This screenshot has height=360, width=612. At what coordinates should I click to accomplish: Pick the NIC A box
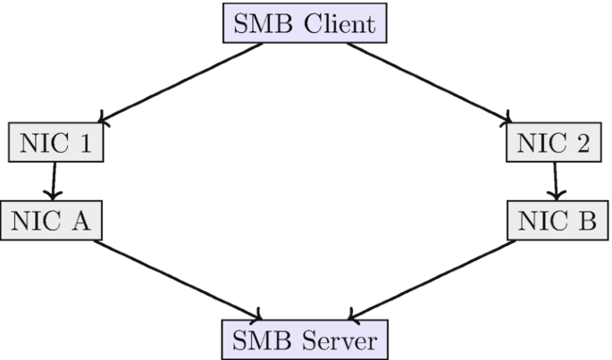(x=54, y=220)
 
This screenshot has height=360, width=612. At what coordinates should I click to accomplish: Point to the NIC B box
(x=555, y=220)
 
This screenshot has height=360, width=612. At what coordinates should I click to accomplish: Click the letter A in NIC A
(x=85, y=220)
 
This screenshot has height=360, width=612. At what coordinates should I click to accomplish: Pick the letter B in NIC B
(x=583, y=220)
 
